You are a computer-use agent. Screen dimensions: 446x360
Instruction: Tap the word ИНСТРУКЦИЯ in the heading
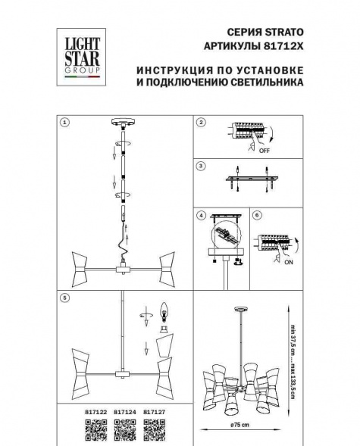(x=169, y=71)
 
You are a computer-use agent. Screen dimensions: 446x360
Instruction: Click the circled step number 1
(x=65, y=122)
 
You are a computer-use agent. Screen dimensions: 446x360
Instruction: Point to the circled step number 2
(x=200, y=122)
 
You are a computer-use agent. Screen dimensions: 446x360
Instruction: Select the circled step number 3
(x=200, y=166)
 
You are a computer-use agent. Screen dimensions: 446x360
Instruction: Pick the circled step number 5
(x=65, y=298)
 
